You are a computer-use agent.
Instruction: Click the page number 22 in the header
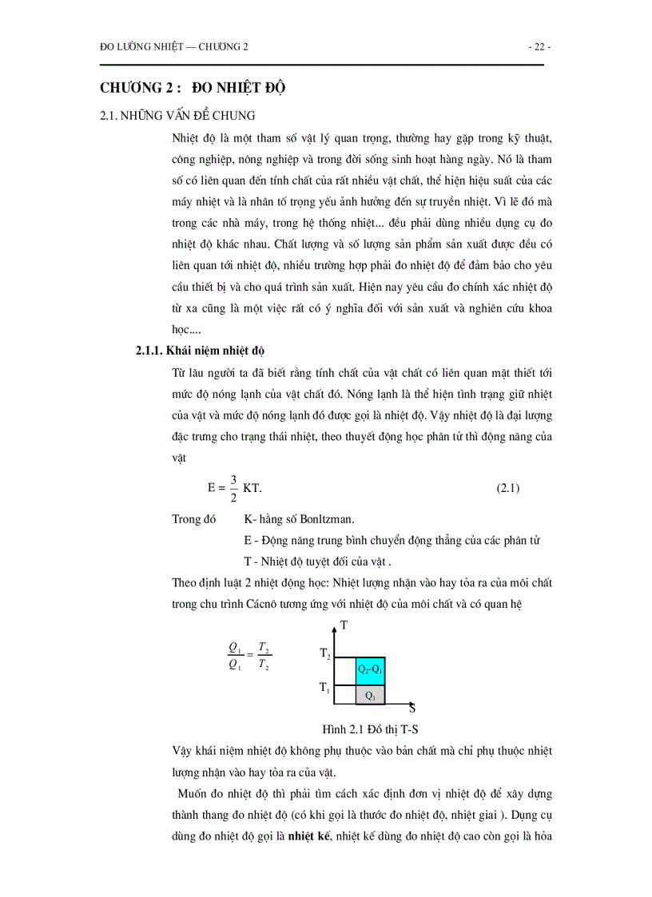click(x=539, y=47)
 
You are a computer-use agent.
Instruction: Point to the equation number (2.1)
click(x=508, y=488)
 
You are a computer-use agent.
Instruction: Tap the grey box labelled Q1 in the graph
click(x=370, y=695)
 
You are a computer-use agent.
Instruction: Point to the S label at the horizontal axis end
click(x=411, y=708)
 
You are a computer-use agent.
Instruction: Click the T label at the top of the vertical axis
click(x=344, y=626)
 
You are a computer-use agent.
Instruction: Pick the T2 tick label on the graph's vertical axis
click(x=324, y=655)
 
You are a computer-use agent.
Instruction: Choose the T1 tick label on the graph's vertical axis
click(x=324, y=687)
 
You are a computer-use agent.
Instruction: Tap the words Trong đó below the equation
click(x=194, y=519)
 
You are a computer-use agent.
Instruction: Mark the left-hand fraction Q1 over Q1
click(x=235, y=657)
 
